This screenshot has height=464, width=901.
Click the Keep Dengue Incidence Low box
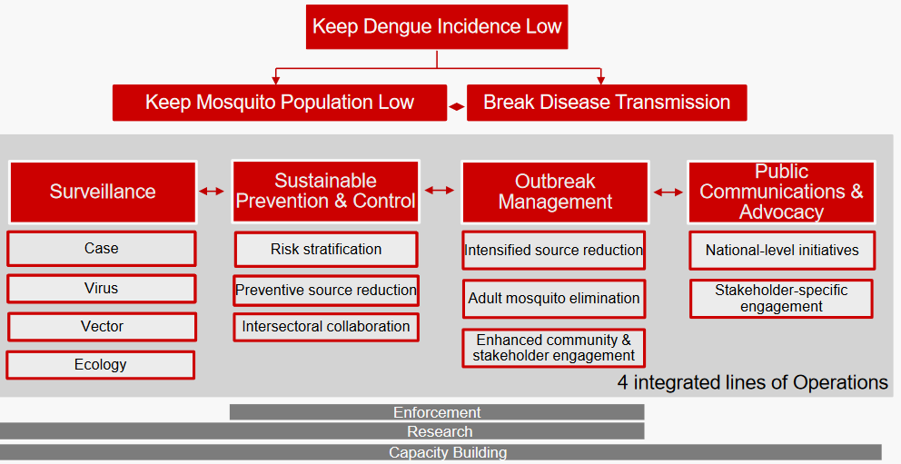click(437, 26)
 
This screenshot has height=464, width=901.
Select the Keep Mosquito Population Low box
click(280, 103)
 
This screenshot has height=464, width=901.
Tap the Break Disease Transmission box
click(607, 103)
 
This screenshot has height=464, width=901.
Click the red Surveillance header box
click(103, 192)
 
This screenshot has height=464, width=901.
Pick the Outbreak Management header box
click(555, 192)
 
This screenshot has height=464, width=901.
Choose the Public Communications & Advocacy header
click(781, 192)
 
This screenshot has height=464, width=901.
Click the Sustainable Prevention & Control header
click(325, 192)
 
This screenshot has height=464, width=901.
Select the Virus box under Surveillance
click(102, 289)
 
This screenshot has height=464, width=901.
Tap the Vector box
click(102, 327)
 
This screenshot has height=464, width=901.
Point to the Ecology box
click(101, 365)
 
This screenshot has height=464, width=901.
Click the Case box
click(102, 249)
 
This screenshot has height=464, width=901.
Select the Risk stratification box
click(326, 250)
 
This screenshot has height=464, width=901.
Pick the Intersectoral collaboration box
click(326, 327)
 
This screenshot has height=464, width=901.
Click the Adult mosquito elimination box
click(554, 299)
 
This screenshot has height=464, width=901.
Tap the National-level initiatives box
click(781, 251)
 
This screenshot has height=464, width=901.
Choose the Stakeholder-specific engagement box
click(781, 299)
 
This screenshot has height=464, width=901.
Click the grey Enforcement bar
click(437, 412)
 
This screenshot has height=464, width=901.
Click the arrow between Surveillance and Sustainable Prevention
click(213, 191)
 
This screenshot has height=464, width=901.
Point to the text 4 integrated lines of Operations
click(752, 382)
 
